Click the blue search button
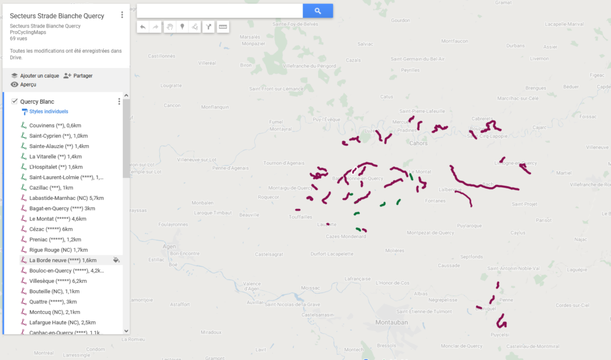pyautogui.click(x=317, y=11)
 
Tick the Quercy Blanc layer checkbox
pyautogui.click(x=15, y=101)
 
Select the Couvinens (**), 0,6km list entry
pyautogui.click(x=55, y=125)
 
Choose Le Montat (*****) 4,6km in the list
pyautogui.click(x=57, y=219)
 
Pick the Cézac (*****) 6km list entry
pyautogui.click(x=51, y=229)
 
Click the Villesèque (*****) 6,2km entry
pyautogui.click(x=58, y=281)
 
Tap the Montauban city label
pyautogui.click(x=391, y=322)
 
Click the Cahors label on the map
pyautogui.click(x=419, y=143)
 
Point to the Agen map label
pyautogui.click(x=169, y=246)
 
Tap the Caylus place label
pyautogui.click(x=517, y=233)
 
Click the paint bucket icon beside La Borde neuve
pyautogui.click(x=116, y=260)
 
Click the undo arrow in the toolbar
pyautogui.click(x=143, y=27)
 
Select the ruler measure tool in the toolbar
pyautogui.click(x=223, y=27)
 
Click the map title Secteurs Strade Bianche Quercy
pyautogui.click(x=57, y=16)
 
